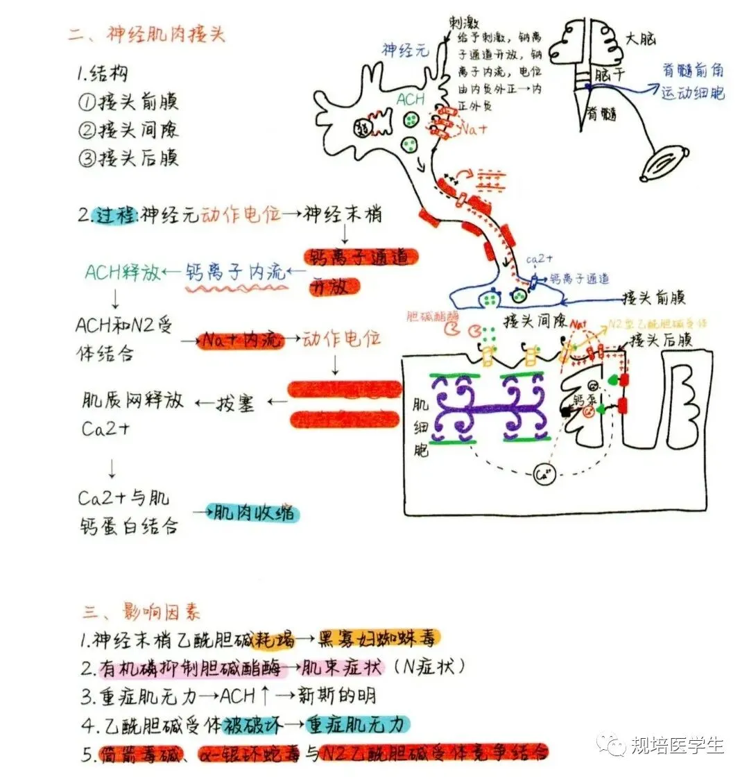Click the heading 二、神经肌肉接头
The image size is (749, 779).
pos(147,34)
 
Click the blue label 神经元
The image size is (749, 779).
pos(406,49)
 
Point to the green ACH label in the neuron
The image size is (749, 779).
pos(410,99)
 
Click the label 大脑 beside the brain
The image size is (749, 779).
pos(640,38)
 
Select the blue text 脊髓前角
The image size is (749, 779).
pos(693,69)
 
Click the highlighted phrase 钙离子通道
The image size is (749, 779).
pos(361,257)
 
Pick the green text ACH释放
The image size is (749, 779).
pos(122,272)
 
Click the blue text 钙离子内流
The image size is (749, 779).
pos(236,272)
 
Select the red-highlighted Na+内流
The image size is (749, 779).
pos(240,339)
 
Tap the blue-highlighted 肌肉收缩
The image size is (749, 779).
pos(255,513)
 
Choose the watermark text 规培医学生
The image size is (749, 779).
pos(676,746)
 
